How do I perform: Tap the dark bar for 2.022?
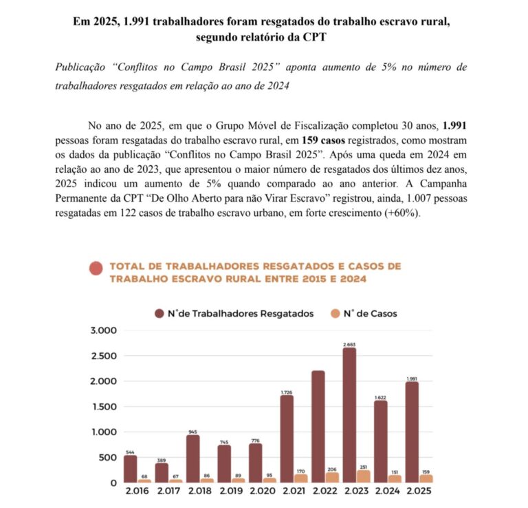coord(318,426)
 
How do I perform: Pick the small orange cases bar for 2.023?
coord(363,476)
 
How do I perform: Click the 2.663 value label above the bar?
coord(350,343)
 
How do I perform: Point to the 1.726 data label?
coord(287,392)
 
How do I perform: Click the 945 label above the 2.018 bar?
coord(192,432)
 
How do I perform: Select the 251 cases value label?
coord(363,466)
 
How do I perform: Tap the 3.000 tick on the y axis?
coord(104,330)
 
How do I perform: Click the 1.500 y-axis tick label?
coord(104,407)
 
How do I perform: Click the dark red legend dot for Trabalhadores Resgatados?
coord(159,313)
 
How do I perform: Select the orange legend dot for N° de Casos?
coord(335,313)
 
